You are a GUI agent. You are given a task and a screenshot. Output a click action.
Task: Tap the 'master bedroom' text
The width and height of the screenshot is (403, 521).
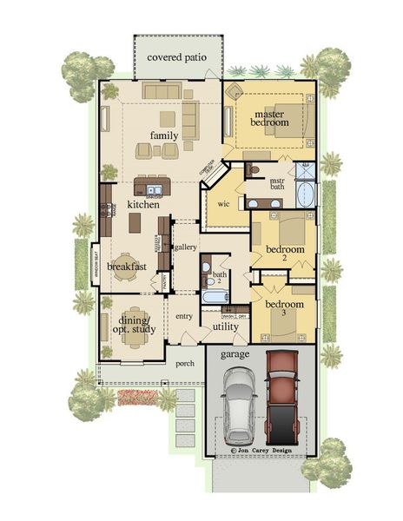pos(270,118)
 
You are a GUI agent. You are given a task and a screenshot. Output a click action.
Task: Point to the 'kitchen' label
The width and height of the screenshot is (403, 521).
pos(143,204)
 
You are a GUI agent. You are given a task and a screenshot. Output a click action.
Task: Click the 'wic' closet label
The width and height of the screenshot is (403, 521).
pos(222,205)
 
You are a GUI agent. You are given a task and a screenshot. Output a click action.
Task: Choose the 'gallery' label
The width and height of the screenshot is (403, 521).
pos(185,247)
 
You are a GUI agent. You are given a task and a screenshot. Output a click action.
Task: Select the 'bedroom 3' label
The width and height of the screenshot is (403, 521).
pos(284,310)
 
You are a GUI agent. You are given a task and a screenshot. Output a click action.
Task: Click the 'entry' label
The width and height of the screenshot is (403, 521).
pos(183,316)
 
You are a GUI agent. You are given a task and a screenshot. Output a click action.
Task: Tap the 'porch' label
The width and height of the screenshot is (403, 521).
pos(185,364)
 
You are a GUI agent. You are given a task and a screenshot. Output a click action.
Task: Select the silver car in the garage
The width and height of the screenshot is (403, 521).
pos(237,406)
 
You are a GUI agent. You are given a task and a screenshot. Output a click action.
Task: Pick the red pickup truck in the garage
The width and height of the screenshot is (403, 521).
pos(283,398)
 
